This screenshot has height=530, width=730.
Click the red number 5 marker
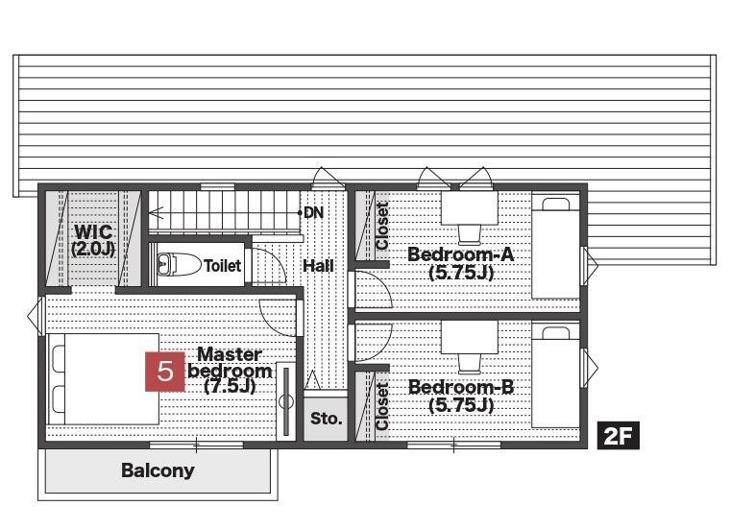tap(165, 372)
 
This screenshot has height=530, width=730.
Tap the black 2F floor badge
tap(618, 436)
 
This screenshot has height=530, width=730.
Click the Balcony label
tap(158, 470)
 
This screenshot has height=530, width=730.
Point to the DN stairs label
tap(313, 212)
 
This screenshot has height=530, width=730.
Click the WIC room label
tap(93, 240)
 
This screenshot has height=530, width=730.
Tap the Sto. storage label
tap(326, 419)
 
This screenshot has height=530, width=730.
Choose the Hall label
tap(319, 266)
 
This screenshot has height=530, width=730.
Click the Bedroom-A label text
tap(461, 263)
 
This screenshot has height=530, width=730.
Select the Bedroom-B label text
tap(461, 396)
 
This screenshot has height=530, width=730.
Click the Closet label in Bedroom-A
tap(381, 226)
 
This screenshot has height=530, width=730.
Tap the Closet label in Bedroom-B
tap(381, 406)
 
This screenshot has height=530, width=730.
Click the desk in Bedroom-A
tap(470, 208)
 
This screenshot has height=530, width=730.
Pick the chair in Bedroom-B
tap(470, 364)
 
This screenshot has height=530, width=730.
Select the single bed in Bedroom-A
tap(556, 247)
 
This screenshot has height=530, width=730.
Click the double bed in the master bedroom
tap(104, 378)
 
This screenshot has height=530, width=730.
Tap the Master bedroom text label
tap(230, 371)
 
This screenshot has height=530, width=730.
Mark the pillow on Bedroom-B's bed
tap(556, 332)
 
